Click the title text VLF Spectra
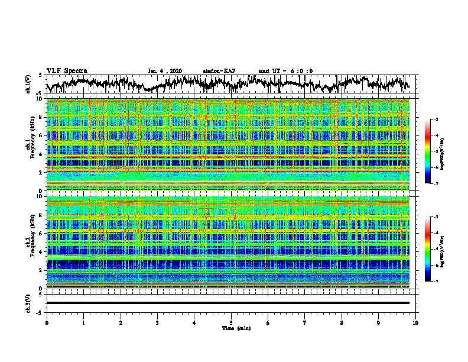pos(67,70)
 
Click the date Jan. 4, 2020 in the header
pos(165,71)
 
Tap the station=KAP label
pos(219,71)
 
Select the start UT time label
pos(285,71)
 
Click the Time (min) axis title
pos(231,328)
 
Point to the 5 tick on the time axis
pos(232,322)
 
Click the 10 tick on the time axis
pos(416,322)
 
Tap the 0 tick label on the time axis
pos(47,322)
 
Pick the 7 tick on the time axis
pos(305,322)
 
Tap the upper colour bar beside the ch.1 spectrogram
pos(434,152)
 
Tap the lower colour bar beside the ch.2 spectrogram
pos(434,250)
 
